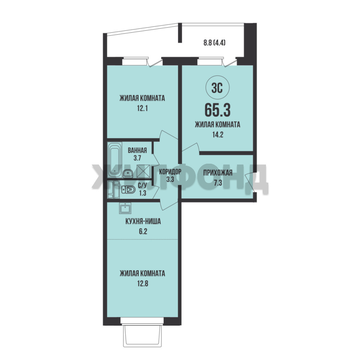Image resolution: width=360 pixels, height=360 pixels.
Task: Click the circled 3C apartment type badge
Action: (218, 88)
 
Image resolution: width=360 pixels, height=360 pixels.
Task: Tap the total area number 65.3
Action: (217, 110)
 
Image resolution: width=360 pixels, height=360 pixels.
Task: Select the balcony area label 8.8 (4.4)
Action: (214, 43)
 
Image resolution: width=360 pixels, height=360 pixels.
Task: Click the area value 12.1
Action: (142, 108)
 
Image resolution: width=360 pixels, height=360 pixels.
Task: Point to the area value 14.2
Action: (218, 135)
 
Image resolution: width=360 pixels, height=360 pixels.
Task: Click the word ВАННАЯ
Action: (137, 150)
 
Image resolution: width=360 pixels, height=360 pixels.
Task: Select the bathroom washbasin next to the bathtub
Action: (128, 173)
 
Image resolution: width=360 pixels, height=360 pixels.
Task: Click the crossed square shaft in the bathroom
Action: (143, 171)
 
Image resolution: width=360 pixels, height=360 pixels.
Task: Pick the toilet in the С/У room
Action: (128, 190)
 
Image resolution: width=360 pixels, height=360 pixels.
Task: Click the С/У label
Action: (143, 185)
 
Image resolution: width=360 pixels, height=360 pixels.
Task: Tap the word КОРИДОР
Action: (170, 171)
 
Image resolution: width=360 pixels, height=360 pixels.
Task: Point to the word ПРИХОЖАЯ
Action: (218, 173)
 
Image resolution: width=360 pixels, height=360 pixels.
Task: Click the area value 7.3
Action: (218, 183)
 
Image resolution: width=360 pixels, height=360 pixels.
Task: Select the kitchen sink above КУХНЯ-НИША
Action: (125, 208)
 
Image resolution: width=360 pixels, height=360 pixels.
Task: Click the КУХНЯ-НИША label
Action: (143, 222)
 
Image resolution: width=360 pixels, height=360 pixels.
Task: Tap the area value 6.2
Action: (143, 231)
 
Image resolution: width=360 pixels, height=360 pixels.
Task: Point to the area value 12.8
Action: (143, 284)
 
